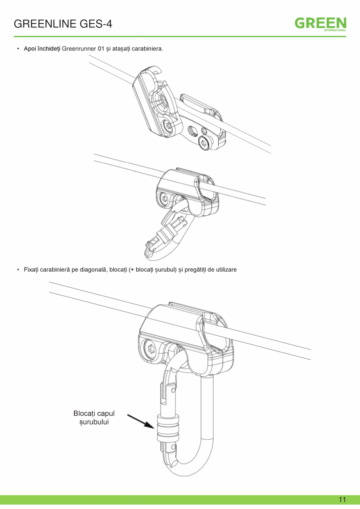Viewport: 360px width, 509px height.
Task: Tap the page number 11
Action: (x=342, y=500)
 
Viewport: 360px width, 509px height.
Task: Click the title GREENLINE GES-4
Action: (x=63, y=24)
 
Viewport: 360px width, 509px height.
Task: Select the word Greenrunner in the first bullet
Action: (x=79, y=49)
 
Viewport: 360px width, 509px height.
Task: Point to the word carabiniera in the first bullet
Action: (x=147, y=49)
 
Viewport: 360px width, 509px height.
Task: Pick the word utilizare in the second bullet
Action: (x=226, y=270)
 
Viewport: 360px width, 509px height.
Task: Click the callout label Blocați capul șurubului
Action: (x=94, y=417)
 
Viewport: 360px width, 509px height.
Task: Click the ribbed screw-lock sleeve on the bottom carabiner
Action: (x=167, y=428)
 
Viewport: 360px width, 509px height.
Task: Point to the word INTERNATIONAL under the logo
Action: (x=335, y=30)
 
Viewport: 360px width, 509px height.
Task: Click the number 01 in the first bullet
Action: (x=101, y=49)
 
